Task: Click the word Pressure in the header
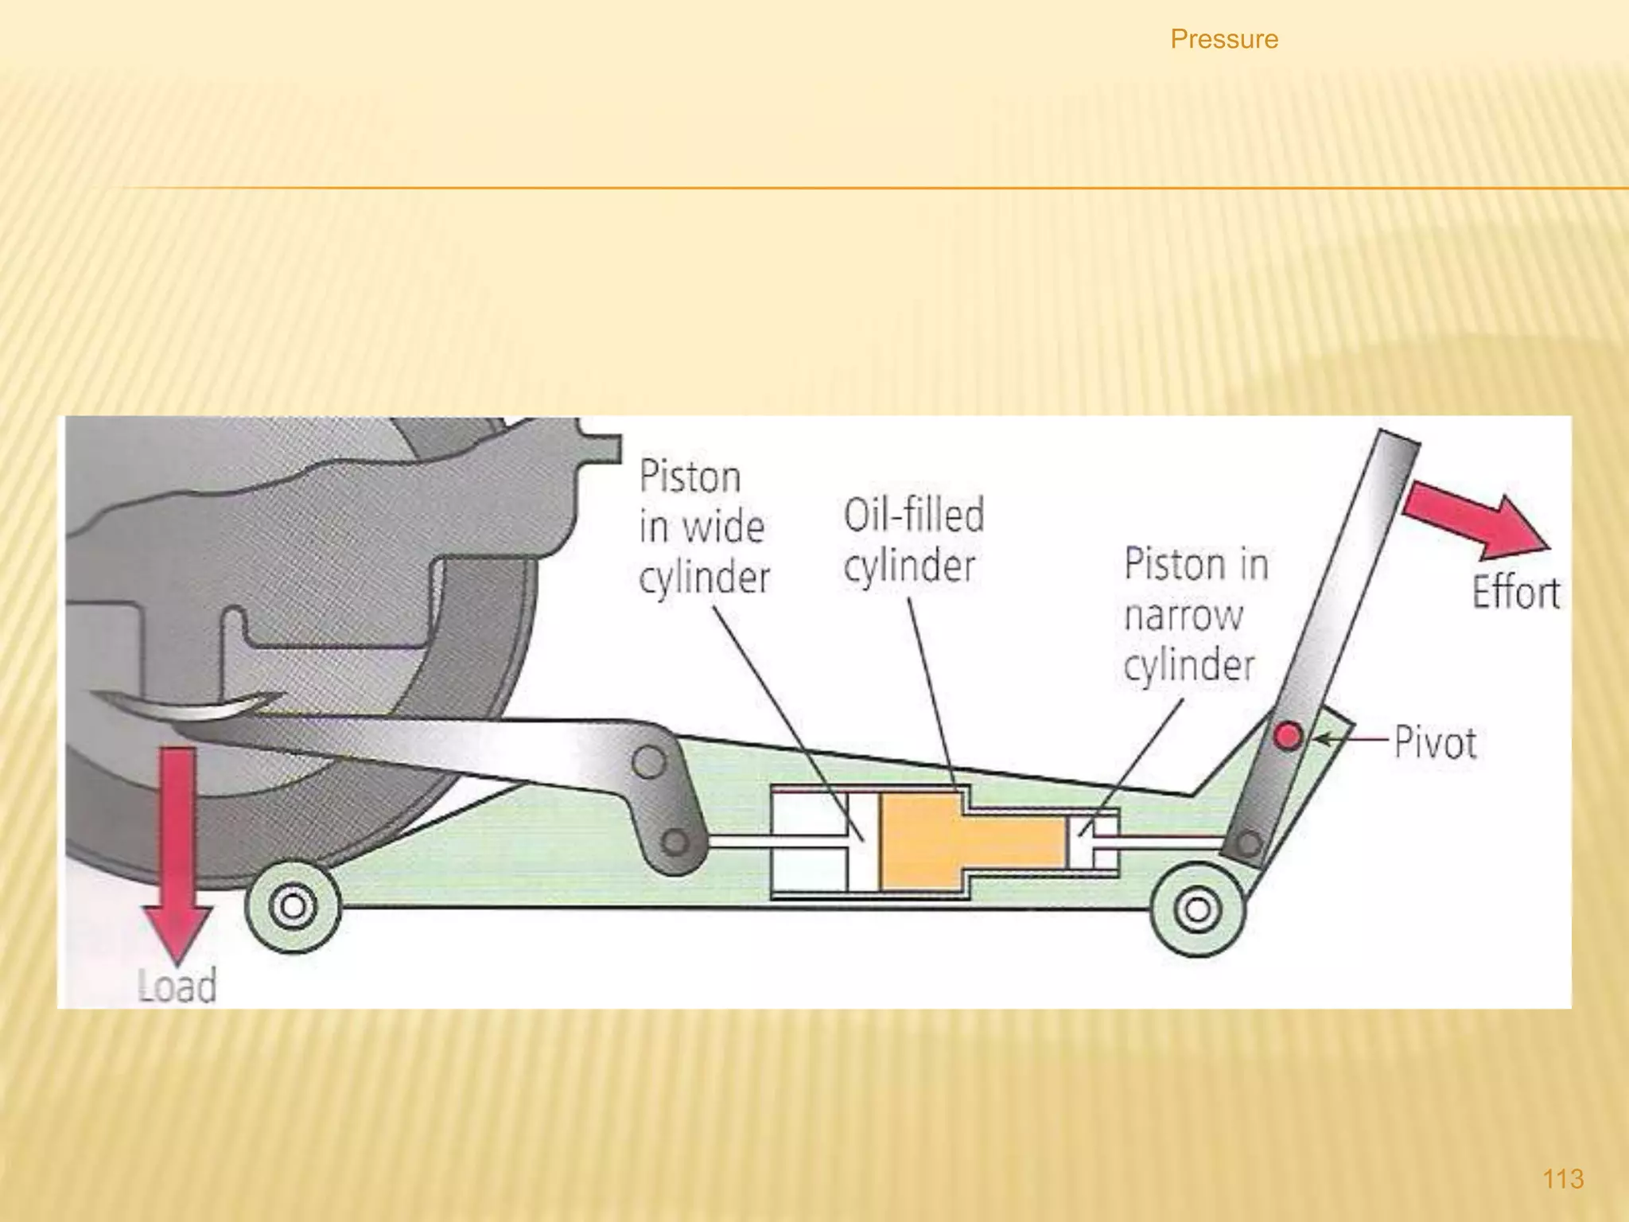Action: point(1224,39)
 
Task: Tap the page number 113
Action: point(1563,1178)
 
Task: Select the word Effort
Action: point(1515,593)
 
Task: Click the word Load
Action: point(177,986)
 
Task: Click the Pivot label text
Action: point(1436,743)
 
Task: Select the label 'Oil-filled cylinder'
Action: point(913,540)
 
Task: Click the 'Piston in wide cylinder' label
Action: point(703,526)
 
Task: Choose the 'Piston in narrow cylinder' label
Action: point(1195,614)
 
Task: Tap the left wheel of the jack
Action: point(293,906)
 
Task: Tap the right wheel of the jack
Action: point(1197,909)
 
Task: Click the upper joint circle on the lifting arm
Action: point(649,762)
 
